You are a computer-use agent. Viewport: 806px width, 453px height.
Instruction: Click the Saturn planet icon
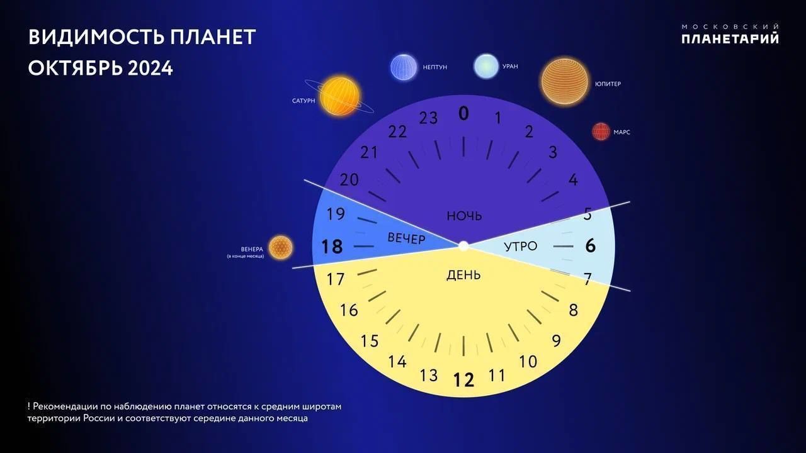pos(339,96)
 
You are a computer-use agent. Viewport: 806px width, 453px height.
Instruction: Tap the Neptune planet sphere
pos(404,67)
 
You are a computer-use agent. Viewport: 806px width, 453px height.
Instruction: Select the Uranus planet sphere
pos(486,66)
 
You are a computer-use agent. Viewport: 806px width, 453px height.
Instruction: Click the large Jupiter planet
pos(565,81)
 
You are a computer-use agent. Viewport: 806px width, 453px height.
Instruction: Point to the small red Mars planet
pos(601,131)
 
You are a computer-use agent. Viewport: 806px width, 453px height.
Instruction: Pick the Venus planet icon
pos(281,247)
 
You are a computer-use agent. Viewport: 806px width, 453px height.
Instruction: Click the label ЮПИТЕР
pos(608,84)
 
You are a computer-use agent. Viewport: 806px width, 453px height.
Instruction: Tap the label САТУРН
pos(304,101)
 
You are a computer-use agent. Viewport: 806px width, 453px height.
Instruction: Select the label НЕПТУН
pos(434,67)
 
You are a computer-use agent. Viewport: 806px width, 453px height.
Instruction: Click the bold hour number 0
pos(464,114)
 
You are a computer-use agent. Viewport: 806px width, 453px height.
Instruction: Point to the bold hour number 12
pos(464,379)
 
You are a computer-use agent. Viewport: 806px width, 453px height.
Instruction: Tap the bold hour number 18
pos(331,247)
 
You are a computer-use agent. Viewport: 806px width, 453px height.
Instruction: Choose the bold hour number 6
pos(591,246)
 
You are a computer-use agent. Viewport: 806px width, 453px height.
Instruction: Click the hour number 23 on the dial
pos(428,118)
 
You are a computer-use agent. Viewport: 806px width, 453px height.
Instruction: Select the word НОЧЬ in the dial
pos(464,216)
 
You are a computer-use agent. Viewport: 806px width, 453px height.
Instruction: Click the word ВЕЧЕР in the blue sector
pos(406,238)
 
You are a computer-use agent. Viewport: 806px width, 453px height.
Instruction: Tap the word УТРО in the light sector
pos(520,246)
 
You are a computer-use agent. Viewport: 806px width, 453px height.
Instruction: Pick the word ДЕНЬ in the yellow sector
pos(463,275)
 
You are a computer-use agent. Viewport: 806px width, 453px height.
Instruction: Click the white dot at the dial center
pos(463,246)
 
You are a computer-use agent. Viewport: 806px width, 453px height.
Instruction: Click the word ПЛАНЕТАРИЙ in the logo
pos(730,38)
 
